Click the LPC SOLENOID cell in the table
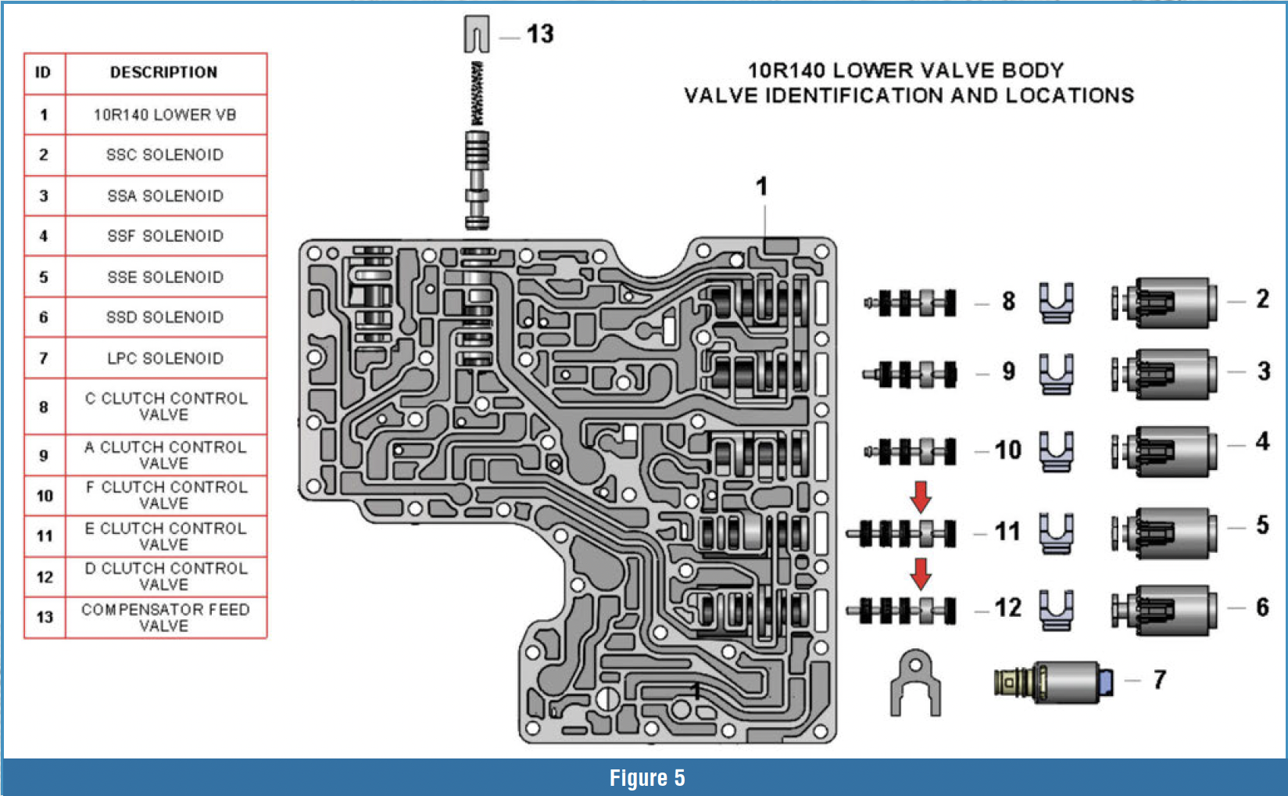[165, 358]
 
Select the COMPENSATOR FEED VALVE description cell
[165, 617]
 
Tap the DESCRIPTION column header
[164, 73]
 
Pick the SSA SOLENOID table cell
[165, 195]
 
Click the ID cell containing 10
[45, 496]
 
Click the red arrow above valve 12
[921, 573]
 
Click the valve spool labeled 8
[911, 303]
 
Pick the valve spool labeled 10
[911, 451]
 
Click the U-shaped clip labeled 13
[476, 34]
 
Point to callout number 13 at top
[539, 34]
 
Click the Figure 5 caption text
[646, 778]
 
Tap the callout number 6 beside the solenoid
[1261, 608]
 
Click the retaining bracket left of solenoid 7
[915, 683]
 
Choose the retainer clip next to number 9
[1056, 374]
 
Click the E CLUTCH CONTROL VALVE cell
[165, 536]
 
